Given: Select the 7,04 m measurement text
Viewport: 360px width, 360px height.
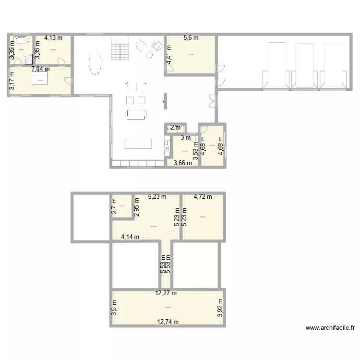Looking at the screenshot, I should (40, 69).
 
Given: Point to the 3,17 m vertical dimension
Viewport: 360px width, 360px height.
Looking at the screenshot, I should (12, 81).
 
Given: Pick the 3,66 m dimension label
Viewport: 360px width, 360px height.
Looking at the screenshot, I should (182, 163).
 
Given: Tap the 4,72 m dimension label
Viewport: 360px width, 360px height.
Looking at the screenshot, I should (203, 196).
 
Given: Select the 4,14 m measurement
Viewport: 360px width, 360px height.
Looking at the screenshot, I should (130, 237).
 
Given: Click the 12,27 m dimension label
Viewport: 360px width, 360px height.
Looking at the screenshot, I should (166, 293).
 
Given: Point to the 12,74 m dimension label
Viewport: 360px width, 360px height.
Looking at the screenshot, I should (167, 322).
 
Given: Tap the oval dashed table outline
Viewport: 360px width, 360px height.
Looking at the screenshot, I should (96, 62).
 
